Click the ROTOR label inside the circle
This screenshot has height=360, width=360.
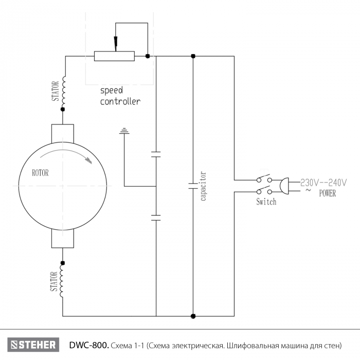(x=40, y=173)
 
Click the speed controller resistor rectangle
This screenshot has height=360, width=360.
(x=114, y=56)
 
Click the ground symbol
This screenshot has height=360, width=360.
(x=124, y=131)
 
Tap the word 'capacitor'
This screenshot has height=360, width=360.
(x=203, y=186)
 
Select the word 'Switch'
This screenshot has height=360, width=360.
(x=266, y=202)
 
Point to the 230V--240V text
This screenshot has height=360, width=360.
(x=323, y=183)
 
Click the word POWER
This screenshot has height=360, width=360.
(x=328, y=193)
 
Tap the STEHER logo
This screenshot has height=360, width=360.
(x=33, y=345)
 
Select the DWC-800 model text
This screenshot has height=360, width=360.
(x=89, y=345)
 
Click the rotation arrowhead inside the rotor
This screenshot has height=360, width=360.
(x=88, y=160)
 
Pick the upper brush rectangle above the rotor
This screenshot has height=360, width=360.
(x=63, y=133)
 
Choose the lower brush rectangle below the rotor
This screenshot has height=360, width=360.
(x=63, y=239)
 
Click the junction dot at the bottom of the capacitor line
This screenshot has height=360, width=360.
(x=193, y=316)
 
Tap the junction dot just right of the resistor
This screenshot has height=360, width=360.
(x=148, y=56)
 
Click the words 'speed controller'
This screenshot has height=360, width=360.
(x=120, y=96)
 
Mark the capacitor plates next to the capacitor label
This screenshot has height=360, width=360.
(x=193, y=186)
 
